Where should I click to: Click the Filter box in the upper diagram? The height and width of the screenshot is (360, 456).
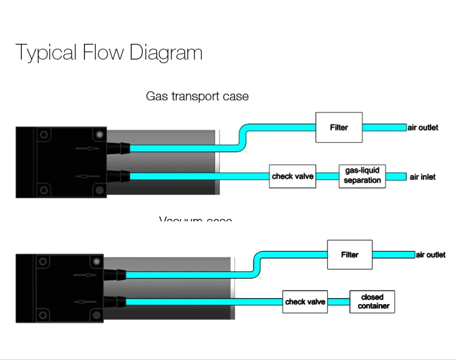339,127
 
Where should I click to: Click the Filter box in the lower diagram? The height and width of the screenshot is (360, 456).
350,255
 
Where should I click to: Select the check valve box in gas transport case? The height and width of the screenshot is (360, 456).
292,176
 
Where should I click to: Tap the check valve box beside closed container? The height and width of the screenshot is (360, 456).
305,302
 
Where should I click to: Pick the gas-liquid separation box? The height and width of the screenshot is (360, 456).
362,176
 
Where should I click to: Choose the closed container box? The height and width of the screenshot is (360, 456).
373,302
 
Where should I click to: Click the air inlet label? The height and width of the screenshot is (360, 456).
423,177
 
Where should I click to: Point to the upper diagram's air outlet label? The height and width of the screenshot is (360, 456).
423,128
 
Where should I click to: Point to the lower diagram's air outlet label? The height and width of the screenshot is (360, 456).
430,255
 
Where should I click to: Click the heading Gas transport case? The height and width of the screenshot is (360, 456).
197,96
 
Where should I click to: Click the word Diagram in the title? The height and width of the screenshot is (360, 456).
165,53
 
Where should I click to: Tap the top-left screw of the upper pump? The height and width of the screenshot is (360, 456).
43,134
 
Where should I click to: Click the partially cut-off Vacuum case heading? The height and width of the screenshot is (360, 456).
196,219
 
